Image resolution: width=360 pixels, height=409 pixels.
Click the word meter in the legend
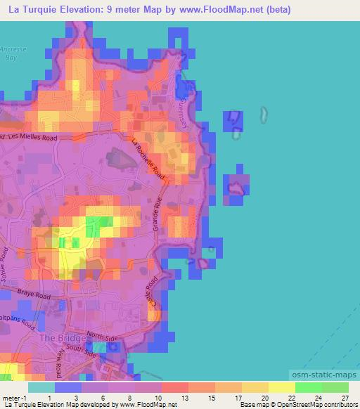pos(9,398)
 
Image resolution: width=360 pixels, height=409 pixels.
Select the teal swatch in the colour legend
pos(41,387)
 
